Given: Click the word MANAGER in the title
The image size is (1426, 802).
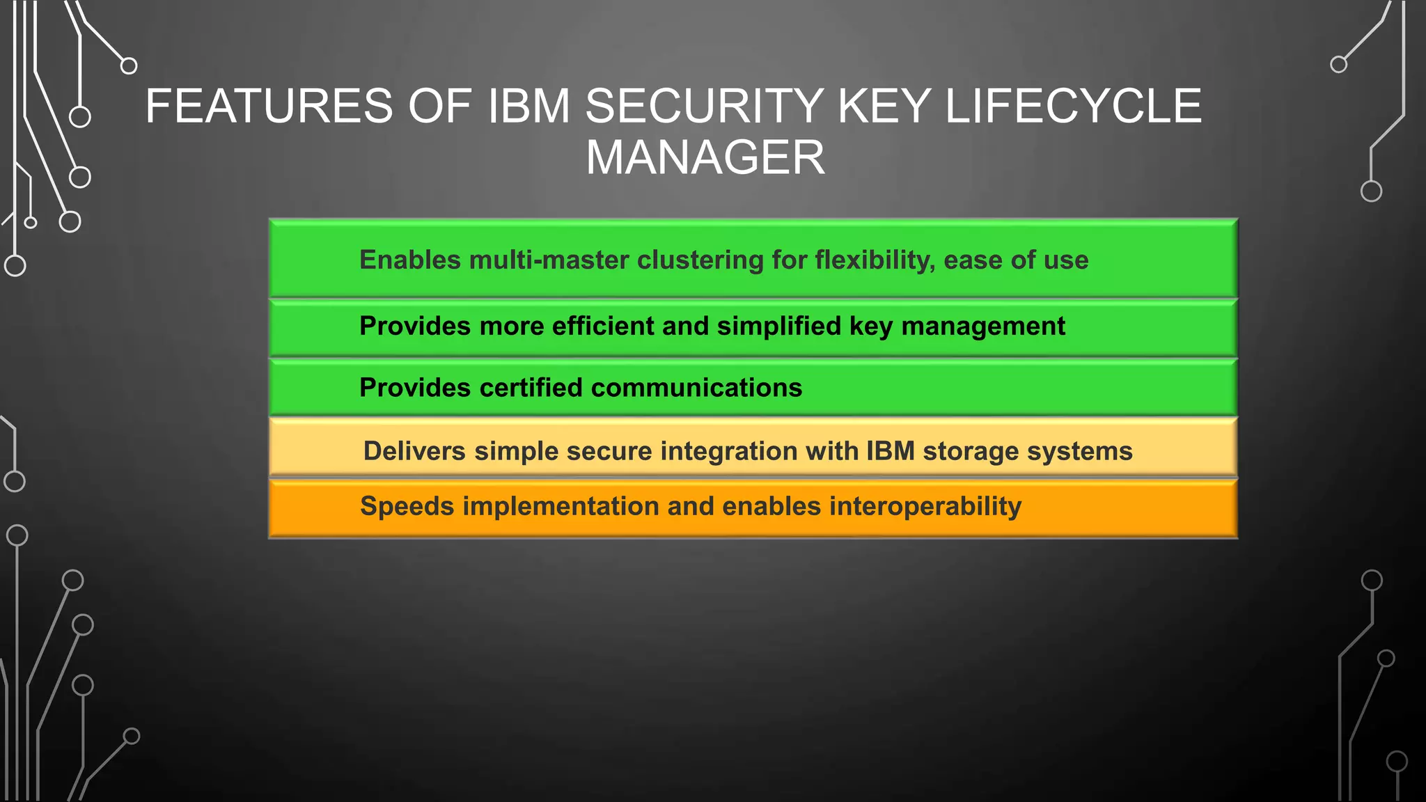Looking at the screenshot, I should (705, 157).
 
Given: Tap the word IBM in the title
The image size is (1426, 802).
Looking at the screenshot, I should (528, 107).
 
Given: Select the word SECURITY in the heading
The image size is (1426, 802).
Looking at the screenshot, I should (704, 107).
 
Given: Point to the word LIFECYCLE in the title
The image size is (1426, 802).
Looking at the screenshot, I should (1073, 107).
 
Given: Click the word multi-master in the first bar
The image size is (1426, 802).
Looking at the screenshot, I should (549, 260).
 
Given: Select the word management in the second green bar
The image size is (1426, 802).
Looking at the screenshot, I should (983, 326).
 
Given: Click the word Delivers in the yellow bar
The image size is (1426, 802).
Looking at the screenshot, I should (414, 451).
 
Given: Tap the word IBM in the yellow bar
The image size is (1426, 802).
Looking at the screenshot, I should (891, 451).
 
